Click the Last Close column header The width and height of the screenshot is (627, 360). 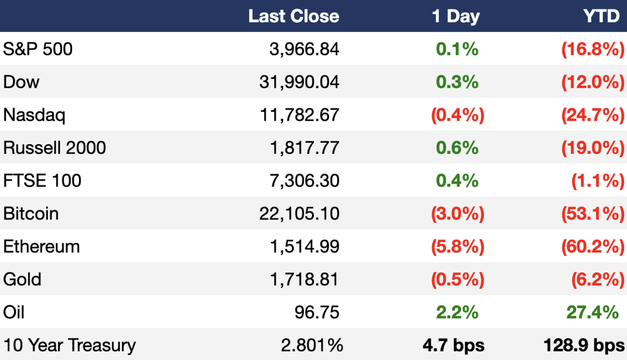click(294, 16)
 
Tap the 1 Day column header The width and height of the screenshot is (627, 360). click(456, 17)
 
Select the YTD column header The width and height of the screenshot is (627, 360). click(601, 16)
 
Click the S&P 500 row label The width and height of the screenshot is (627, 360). click(38, 49)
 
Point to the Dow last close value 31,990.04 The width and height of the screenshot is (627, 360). click(299, 82)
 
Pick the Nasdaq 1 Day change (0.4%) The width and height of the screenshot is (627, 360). click(458, 115)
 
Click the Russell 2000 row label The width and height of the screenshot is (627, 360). click(54, 147)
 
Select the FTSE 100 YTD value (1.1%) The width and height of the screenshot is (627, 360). click(598, 181)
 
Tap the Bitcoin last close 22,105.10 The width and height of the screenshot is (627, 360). click(299, 214)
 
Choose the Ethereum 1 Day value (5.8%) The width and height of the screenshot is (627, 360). click(458, 246)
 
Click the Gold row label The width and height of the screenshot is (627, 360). click(22, 279)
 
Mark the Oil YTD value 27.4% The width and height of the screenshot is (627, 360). click(593, 312)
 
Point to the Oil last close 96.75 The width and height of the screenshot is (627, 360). click(317, 312)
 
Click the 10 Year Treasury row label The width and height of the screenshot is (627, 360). click(69, 345)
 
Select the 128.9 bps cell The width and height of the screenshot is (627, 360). click(584, 345)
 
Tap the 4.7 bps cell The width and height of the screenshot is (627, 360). click(454, 345)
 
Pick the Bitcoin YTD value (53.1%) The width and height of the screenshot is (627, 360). click(593, 214)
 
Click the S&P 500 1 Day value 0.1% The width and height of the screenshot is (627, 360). click(457, 49)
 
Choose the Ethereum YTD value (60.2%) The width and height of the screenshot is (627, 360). click(593, 246)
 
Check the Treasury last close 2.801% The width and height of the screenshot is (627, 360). click(312, 345)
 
